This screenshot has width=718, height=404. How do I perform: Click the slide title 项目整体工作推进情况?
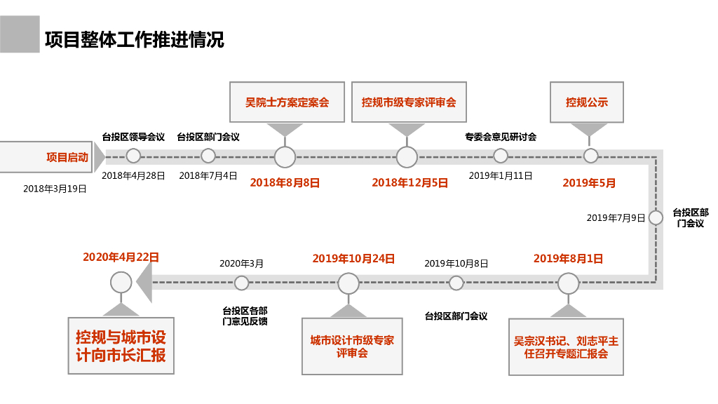click(x=135, y=39)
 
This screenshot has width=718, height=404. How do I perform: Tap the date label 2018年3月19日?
click(x=55, y=189)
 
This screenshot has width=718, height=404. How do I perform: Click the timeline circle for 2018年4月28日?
click(x=133, y=156)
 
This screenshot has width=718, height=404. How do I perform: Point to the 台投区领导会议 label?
click(x=133, y=137)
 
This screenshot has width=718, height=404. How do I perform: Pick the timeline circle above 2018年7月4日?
click(x=208, y=156)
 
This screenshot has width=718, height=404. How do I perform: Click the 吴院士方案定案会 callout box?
click(x=287, y=102)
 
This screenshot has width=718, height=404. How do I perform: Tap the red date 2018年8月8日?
click(x=285, y=183)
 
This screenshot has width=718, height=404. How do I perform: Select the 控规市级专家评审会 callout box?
click(x=409, y=102)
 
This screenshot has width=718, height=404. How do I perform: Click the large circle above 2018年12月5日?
click(x=407, y=157)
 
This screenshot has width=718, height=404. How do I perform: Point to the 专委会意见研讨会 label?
click(x=501, y=137)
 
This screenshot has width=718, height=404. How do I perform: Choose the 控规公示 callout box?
click(x=587, y=102)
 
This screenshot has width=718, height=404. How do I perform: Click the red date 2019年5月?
click(x=589, y=183)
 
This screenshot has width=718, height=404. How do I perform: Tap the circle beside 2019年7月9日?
click(x=656, y=217)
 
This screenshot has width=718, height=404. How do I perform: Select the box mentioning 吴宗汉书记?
click(x=566, y=346)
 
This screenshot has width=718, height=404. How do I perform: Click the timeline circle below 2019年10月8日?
click(x=456, y=283)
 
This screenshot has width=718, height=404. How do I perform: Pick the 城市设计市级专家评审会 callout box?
click(x=352, y=346)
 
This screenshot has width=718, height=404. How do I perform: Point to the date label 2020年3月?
click(x=241, y=264)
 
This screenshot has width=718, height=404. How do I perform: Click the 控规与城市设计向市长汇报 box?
click(x=121, y=346)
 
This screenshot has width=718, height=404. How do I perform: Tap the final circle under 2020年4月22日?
click(x=121, y=282)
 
